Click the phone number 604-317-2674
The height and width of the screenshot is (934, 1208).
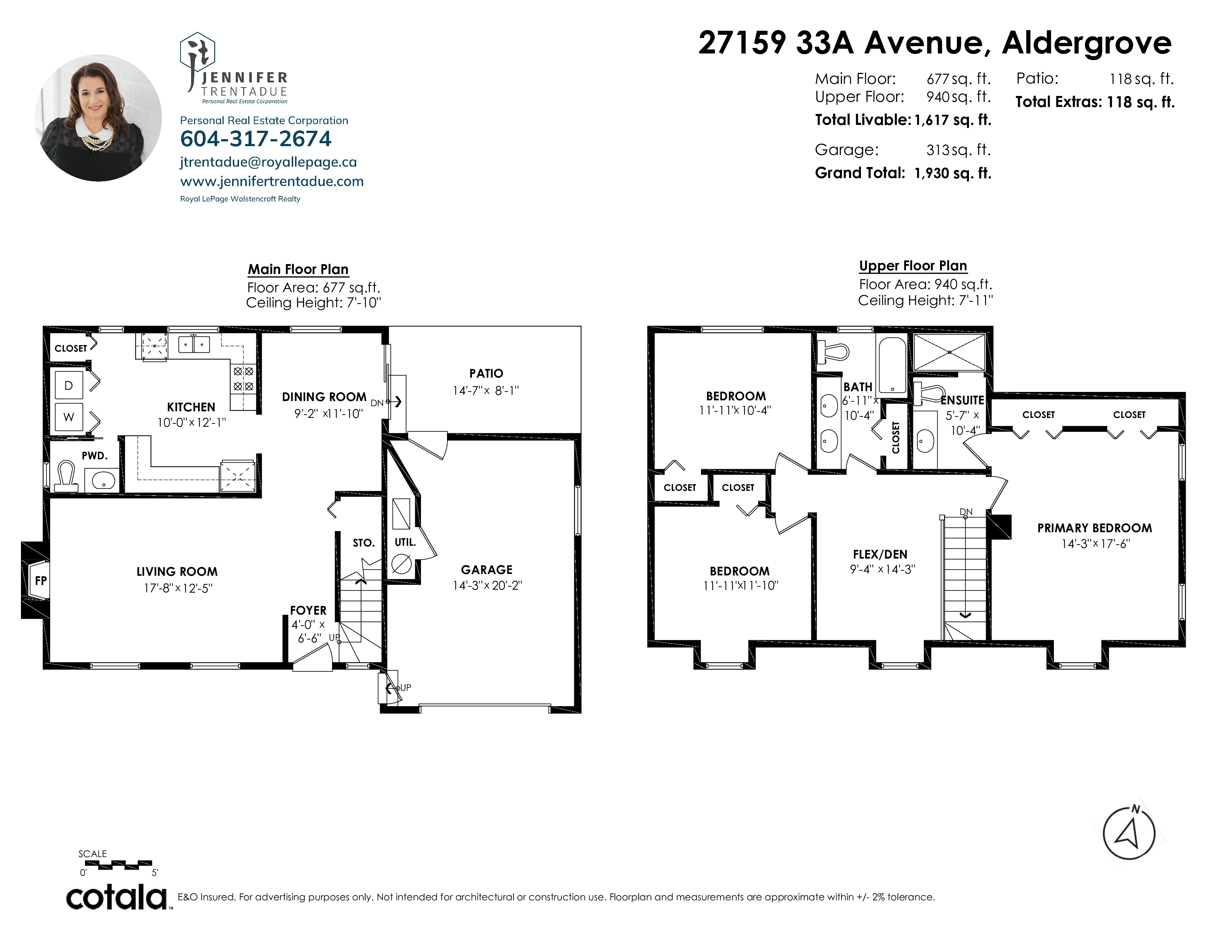point(256,139)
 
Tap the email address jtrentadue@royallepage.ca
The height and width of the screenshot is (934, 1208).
point(268,162)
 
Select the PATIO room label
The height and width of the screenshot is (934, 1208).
point(486,374)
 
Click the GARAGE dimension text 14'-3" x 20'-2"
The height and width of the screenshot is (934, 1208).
point(487,585)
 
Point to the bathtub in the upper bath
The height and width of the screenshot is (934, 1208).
point(892,365)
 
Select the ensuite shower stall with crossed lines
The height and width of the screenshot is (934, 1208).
point(949,352)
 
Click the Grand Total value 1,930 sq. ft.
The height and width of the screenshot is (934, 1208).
point(953,173)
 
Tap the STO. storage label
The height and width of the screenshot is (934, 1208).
point(364,543)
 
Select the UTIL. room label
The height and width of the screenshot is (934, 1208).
point(405,542)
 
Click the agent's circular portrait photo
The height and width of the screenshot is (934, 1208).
point(98,118)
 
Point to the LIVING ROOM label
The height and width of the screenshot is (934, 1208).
point(177,572)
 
